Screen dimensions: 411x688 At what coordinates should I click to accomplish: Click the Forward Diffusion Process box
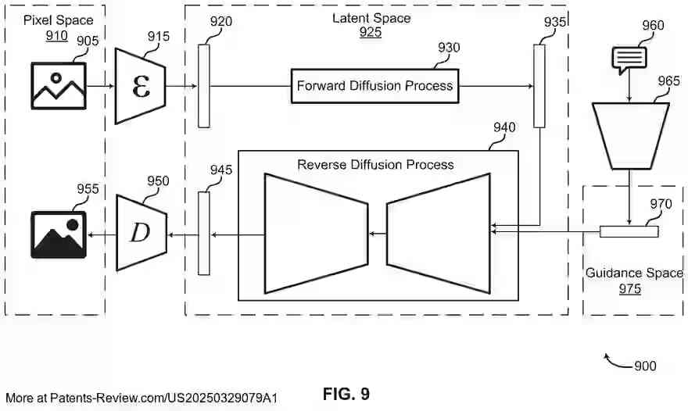click(374, 86)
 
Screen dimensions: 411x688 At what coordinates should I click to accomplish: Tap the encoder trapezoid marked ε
click(142, 85)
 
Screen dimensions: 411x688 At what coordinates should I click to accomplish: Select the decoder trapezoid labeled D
click(142, 232)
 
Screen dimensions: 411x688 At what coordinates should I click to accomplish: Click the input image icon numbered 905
click(59, 85)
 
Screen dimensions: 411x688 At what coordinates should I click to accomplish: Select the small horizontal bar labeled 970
click(629, 231)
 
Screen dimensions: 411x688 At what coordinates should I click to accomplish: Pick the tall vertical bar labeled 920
click(204, 86)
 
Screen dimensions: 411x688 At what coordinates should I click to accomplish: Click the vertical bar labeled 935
click(539, 86)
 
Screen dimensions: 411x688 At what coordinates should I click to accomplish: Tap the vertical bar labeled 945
click(204, 233)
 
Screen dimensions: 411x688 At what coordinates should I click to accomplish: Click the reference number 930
click(449, 48)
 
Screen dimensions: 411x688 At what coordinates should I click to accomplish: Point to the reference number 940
click(504, 127)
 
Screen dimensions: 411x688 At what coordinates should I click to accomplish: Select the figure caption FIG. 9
click(346, 394)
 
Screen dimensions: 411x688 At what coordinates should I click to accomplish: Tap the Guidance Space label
click(634, 273)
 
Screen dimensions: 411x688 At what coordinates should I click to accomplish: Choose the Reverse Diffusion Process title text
click(375, 165)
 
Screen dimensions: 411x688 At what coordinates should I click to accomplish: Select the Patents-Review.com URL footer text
click(141, 398)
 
